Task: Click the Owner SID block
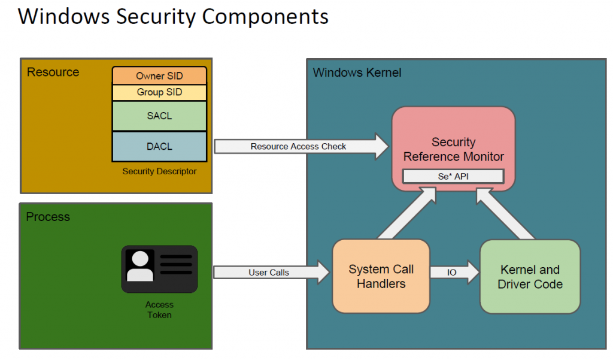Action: click(x=159, y=76)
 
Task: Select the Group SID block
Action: click(x=159, y=92)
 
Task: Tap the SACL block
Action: click(x=159, y=116)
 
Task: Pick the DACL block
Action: click(x=159, y=146)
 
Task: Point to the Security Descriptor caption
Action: click(x=159, y=171)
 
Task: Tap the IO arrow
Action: click(x=454, y=273)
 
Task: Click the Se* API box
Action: click(x=453, y=176)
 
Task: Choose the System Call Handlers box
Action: click(x=381, y=276)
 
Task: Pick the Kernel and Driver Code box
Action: click(x=530, y=276)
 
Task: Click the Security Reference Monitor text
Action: click(x=453, y=149)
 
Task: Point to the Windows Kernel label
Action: click(x=357, y=73)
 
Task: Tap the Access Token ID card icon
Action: click(x=159, y=269)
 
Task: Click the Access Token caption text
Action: click(x=159, y=310)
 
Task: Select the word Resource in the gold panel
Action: click(x=53, y=72)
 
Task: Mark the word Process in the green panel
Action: click(x=48, y=217)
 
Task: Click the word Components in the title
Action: click(x=265, y=16)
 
